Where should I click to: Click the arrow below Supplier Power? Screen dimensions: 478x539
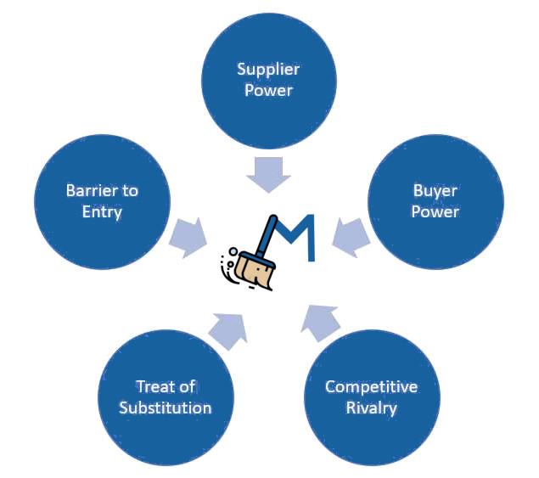(269, 172)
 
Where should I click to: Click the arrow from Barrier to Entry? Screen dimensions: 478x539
(188, 238)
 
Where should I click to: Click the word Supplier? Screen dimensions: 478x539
(269, 69)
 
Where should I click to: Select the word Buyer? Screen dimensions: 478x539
(435, 191)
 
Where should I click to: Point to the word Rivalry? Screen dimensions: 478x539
(371, 408)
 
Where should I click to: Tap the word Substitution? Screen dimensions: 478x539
(165, 408)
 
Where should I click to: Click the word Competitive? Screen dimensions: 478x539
(371, 387)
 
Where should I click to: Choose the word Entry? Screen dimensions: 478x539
(102, 211)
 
